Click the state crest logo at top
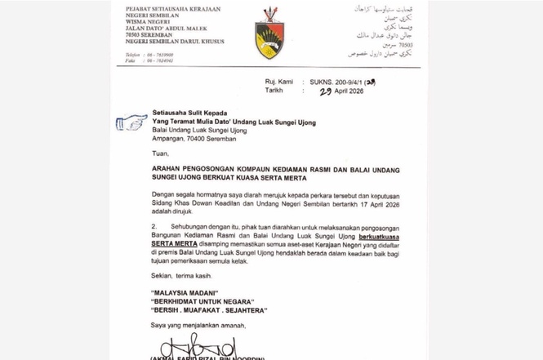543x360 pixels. click(270, 34)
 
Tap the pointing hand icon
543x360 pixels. click(131, 122)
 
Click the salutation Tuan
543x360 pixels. click(161, 152)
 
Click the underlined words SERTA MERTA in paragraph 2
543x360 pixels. click(176, 242)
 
